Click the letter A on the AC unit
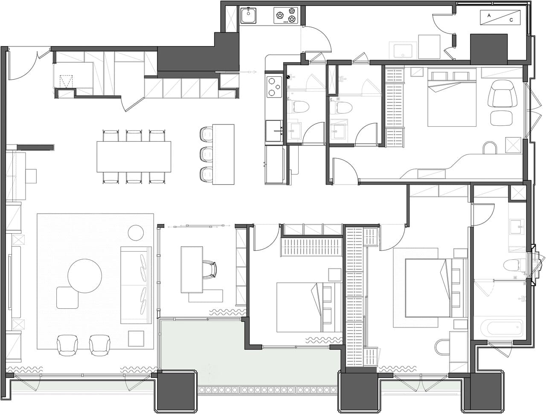tap(489, 16)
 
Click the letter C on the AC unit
tap(511, 20)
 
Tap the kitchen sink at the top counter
tap(248, 15)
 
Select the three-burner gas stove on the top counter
tap(286, 15)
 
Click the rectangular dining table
tap(134, 156)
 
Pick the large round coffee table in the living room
tap(84, 276)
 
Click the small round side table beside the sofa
tap(136, 233)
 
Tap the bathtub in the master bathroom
tap(502, 328)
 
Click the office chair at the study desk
tap(209, 269)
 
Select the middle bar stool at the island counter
tap(206, 153)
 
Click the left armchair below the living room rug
tap(67, 345)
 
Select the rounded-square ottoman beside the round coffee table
tap(67, 298)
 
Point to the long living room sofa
tap(136, 285)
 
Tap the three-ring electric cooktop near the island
tap(274, 87)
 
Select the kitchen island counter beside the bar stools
tap(224, 154)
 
